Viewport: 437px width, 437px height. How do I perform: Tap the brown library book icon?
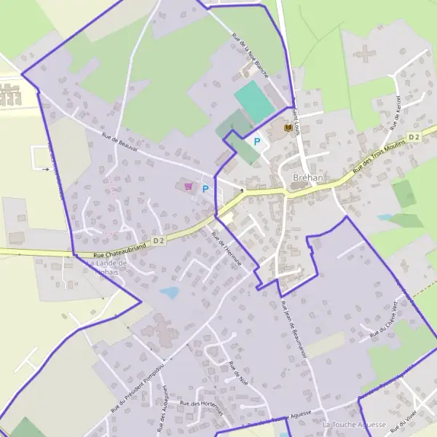pos(287,129)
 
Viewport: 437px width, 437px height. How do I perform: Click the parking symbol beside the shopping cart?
pos(205,189)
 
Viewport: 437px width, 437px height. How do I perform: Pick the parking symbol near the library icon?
pos(256,141)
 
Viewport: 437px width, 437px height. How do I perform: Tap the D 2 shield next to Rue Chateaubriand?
pos(160,239)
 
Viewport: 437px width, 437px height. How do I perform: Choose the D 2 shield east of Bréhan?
pos(414,136)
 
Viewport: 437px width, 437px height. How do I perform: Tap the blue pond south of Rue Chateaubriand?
pos(170,292)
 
